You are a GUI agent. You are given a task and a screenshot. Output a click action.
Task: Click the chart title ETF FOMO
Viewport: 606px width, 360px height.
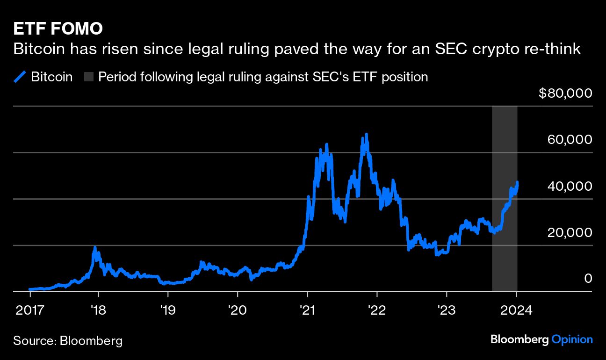pos(58,29)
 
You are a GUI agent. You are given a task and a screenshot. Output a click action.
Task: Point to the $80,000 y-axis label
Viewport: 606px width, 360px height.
pos(565,94)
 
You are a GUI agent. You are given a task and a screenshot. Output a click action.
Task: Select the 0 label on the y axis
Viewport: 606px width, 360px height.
pos(588,279)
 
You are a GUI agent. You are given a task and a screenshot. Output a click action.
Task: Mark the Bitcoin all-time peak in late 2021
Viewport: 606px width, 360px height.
pos(367,135)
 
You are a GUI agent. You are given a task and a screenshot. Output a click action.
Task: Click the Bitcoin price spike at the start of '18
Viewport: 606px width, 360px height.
pos(95,248)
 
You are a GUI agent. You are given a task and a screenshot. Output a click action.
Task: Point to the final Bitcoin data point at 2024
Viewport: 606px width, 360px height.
pos(517,182)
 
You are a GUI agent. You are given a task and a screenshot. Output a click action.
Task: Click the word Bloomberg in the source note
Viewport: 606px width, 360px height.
pos(91,340)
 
